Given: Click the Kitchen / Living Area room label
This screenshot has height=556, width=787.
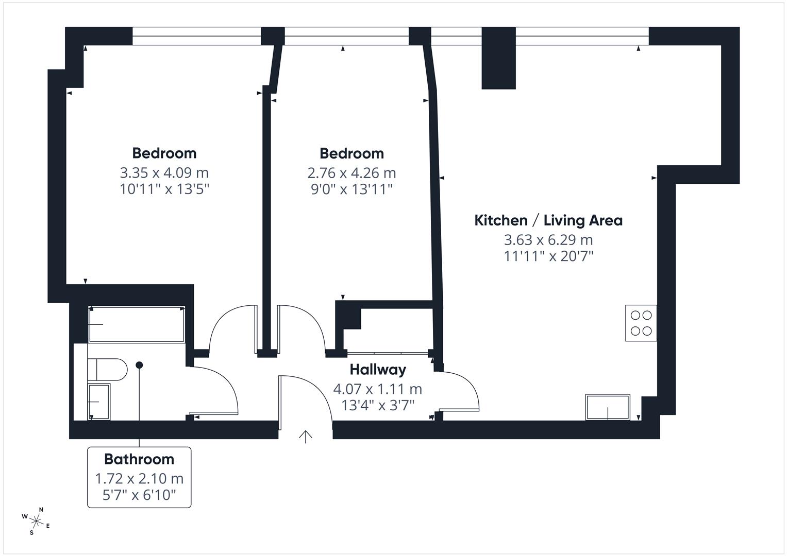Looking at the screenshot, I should coord(548,220).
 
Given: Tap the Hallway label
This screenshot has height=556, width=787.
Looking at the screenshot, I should coord(378,370).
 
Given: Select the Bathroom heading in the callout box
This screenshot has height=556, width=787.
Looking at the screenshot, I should coord(139,459).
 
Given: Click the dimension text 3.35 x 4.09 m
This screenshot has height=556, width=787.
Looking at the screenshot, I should coord(164,172).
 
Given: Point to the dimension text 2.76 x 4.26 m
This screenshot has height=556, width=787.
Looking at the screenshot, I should coord(351,172).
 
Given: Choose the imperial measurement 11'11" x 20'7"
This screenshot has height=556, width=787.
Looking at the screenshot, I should coord(548,256).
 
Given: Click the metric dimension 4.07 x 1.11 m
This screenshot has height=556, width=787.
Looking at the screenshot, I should coord(378,389).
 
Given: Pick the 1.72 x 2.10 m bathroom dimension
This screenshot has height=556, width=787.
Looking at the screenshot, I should coord(139,479).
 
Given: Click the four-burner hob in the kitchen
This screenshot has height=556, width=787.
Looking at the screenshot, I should coord(641,323).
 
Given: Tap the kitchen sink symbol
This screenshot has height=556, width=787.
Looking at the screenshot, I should coord(608,407).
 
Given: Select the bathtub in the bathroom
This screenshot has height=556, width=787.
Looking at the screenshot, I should coord(137,324).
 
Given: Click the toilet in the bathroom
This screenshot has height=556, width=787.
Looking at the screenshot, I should coord(107,370).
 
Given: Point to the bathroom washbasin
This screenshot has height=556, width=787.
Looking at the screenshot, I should coord(99,402).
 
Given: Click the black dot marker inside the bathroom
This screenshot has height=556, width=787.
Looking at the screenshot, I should coord(139,365).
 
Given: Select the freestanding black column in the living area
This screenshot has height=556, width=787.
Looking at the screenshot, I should coord(498,58).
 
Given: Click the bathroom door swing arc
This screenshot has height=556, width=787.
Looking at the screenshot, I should coord(222,386).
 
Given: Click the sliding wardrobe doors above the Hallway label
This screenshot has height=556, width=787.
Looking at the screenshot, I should coord(388,353).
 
